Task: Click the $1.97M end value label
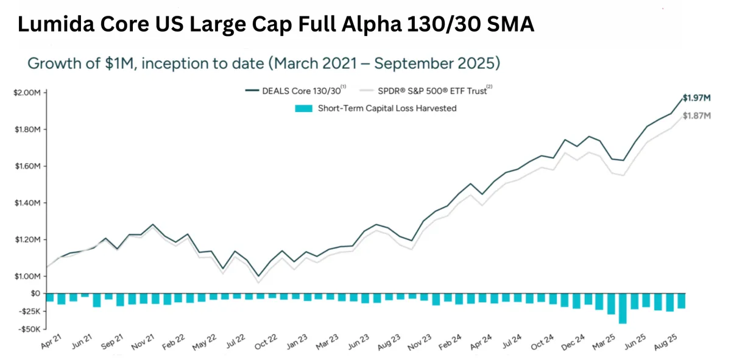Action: (x=696, y=97)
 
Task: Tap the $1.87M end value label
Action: (x=696, y=116)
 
